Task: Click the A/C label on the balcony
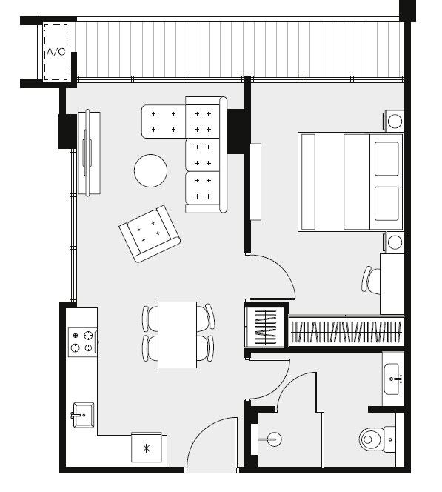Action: coord(56,52)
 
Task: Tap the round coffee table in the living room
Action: coord(150,170)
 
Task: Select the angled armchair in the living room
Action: coord(150,233)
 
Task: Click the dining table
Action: coord(177,334)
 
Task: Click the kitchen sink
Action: coord(84,415)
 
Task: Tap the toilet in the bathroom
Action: coord(377,439)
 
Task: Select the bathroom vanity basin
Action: coord(392,379)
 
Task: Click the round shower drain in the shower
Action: coord(274,439)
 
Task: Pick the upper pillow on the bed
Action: coord(386,159)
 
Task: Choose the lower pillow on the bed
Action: coord(386,204)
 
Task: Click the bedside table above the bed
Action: coord(394,121)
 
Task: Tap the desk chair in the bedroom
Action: coord(370,280)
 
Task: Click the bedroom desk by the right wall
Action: coord(392,284)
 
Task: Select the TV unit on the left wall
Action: coord(89,153)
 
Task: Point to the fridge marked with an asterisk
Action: coord(147,449)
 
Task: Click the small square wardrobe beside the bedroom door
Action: coord(265,327)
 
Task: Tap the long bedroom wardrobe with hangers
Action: coord(346,332)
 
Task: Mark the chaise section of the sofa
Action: coord(164,122)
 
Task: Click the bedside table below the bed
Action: coord(394,242)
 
